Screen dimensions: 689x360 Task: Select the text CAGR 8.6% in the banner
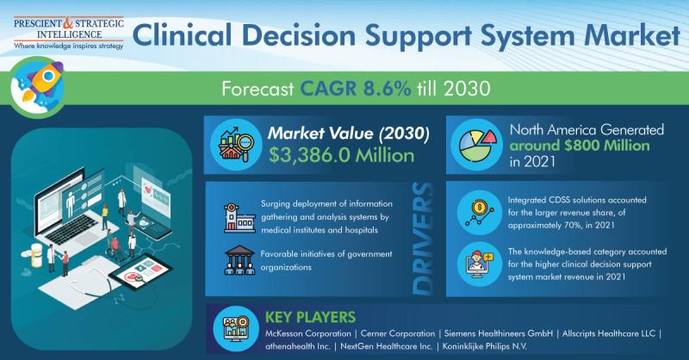tap(355, 89)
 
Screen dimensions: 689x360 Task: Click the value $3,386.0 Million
tap(341, 155)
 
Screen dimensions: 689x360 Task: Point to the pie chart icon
tap(477, 145)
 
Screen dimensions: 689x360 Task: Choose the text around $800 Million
tap(579, 146)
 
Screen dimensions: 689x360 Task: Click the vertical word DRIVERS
tap(423, 239)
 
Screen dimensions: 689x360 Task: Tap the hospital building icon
tap(239, 218)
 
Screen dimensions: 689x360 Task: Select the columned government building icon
tap(239, 260)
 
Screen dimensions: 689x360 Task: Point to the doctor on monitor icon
tap(480, 264)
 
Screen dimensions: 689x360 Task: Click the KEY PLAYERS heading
tap(310, 317)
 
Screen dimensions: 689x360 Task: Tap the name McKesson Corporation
tap(308, 333)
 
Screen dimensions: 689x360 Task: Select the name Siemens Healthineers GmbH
tap(499, 333)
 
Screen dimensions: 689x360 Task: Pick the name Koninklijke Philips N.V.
tap(484, 346)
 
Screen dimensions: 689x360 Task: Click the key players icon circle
tap(235, 328)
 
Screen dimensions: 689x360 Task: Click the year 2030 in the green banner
tap(467, 89)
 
